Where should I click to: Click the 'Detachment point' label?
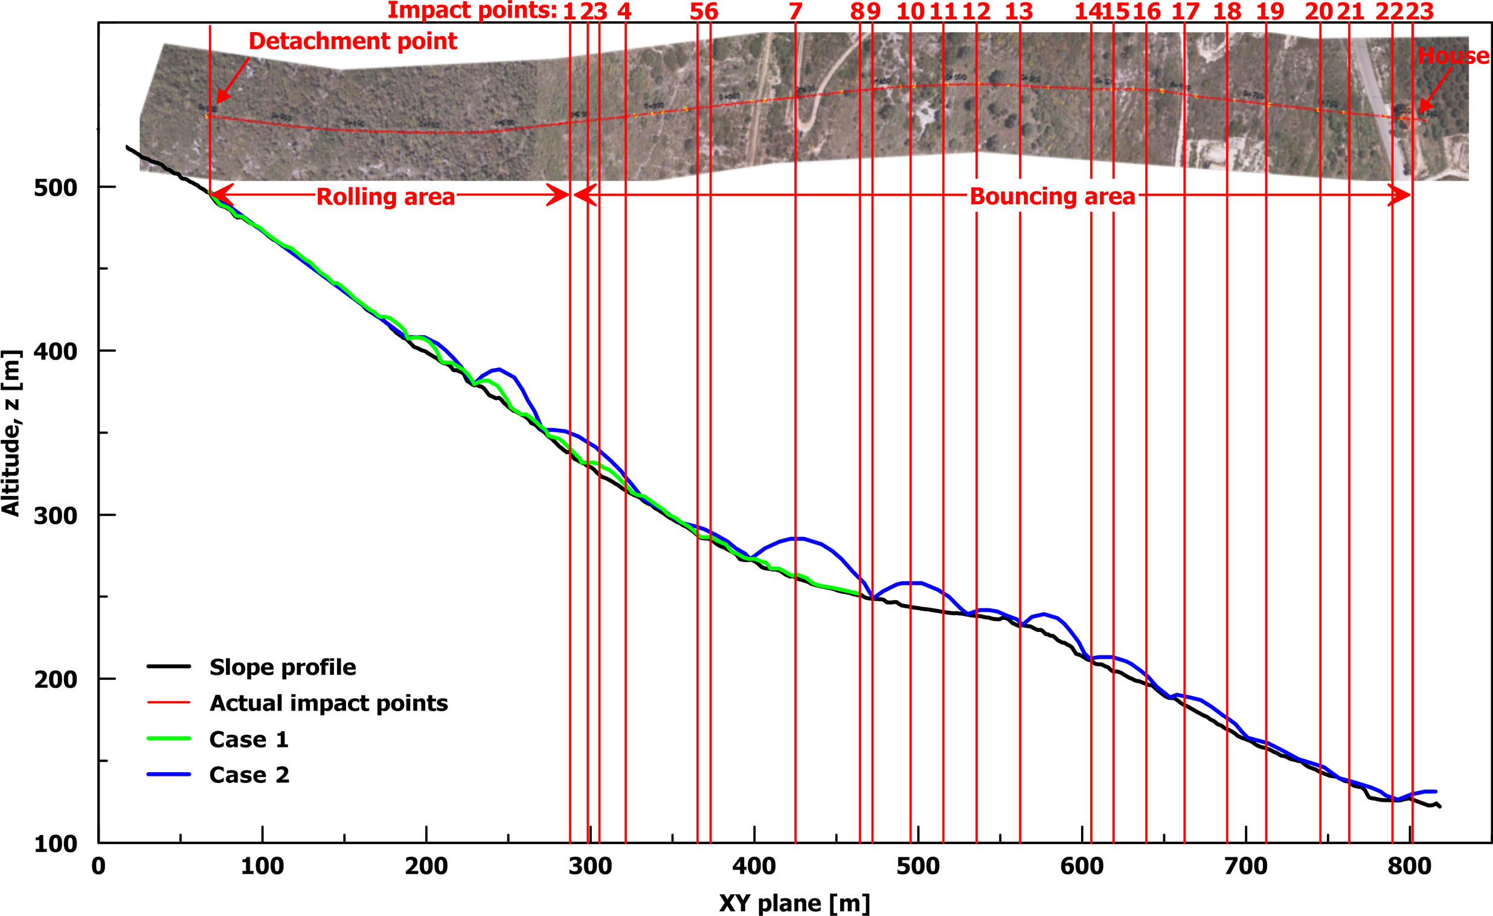coord(353,41)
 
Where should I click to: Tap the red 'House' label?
coord(1453,56)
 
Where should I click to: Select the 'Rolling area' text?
coord(385,197)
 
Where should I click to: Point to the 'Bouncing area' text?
coord(1052,196)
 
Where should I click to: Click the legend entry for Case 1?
coord(248,739)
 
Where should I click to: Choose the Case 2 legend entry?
coord(249,775)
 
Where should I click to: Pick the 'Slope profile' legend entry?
coord(283,667)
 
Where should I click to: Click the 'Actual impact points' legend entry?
coord(329,703)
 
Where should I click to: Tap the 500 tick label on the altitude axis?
coord(55,188)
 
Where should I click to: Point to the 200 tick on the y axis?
coord(55,680)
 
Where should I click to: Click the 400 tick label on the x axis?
coord(754,866)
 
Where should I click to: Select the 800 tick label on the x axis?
coord(1410,866)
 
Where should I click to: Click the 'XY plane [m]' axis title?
coord(794,903)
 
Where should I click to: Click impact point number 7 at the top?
coord(795,11)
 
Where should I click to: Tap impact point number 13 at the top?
coord(1018,11)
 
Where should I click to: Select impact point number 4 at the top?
coord(624,11)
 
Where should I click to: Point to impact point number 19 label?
coord(1270,11)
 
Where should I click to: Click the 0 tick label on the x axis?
coord(99,866)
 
